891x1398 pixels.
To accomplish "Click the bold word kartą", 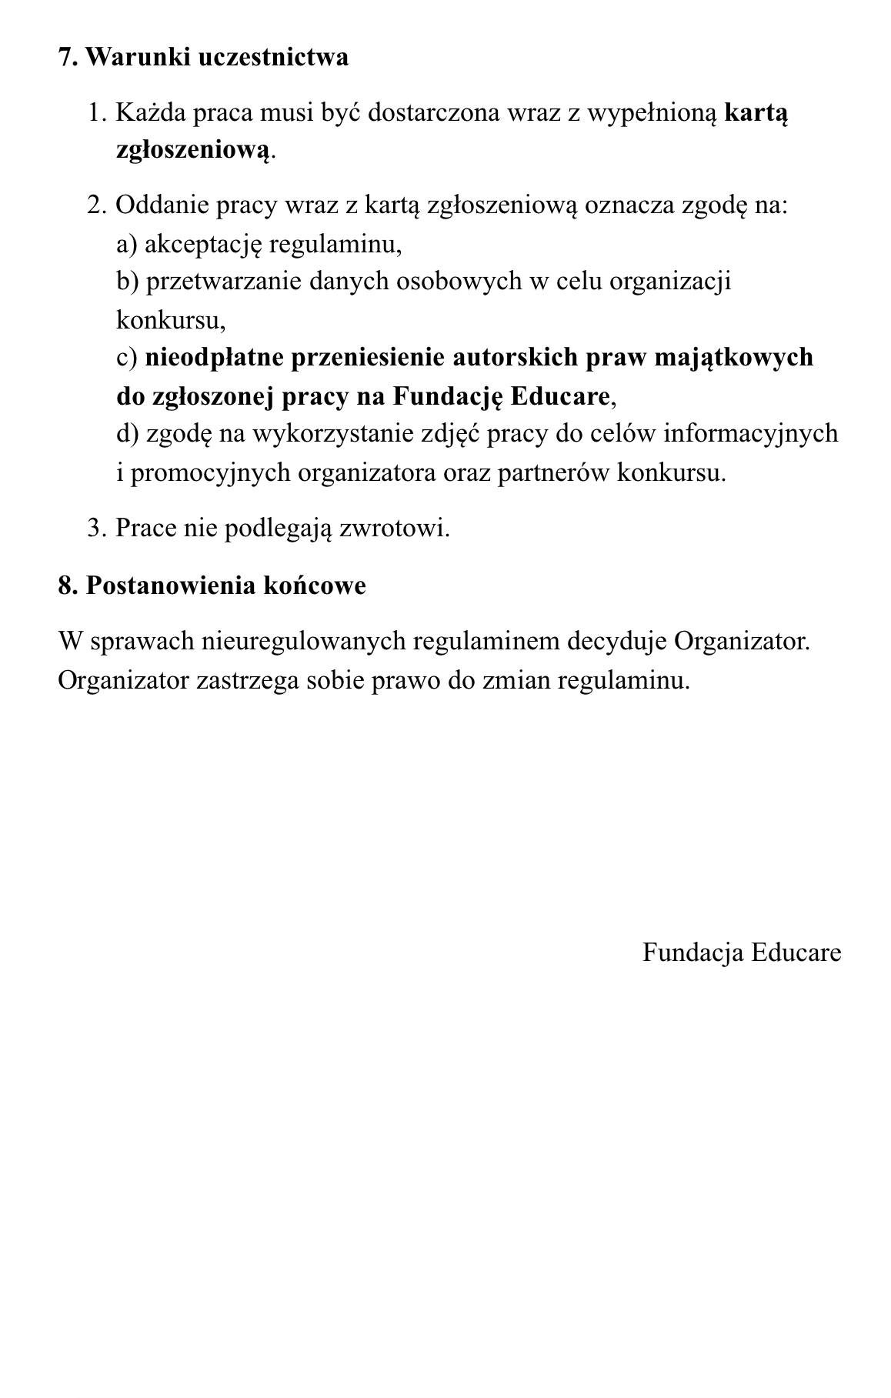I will tap(756, 113).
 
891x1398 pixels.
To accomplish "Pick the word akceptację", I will tap(203, 245).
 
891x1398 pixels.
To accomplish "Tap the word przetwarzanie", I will tap(224, 282).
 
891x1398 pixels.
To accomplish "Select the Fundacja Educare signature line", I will tap(742, 953).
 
